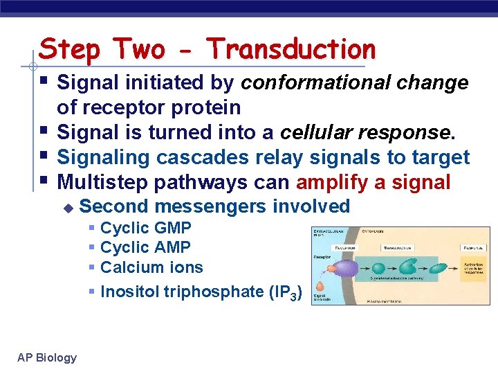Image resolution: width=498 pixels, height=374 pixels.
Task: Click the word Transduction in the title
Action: click(x=291, y=49)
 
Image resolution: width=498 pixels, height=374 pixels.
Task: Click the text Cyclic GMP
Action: click(x=145, y=228)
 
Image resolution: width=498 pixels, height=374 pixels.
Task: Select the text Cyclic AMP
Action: click(x=145, y=247)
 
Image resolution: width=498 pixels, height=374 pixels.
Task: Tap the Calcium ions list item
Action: click(x=151, y=267)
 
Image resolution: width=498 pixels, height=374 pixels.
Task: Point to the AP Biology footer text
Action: click(x=47, y=357)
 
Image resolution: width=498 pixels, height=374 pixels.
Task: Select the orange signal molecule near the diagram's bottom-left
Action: click(x=320, y=285)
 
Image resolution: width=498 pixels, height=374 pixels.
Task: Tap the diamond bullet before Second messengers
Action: click(x=68, y=207)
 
